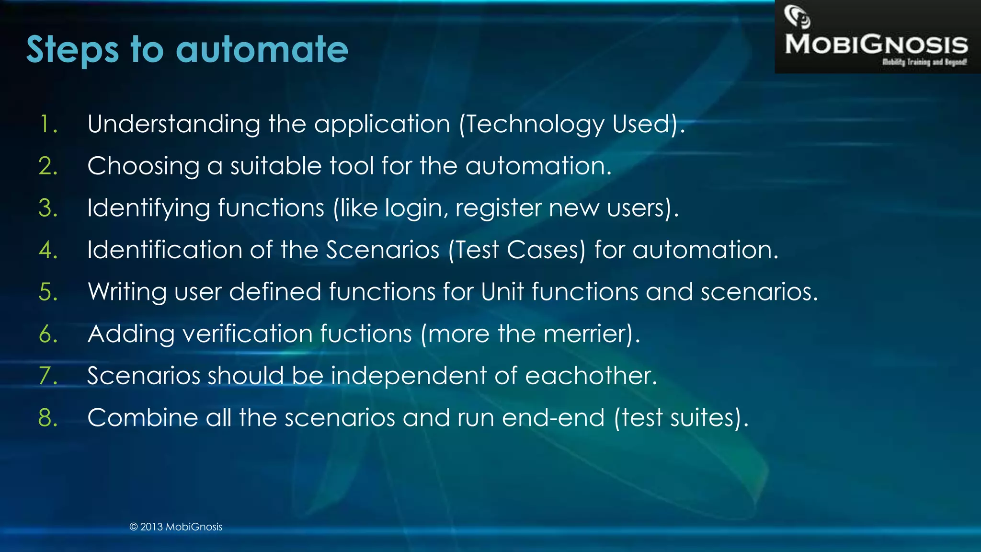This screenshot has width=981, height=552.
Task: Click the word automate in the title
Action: [x=262, y=49]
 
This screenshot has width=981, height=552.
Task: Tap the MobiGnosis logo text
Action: [x=876, y=45]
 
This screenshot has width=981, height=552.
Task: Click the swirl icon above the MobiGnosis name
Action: [x=797, y=17]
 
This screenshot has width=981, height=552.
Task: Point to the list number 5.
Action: [x=48, y=292]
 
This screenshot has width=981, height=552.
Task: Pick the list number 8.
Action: [x=48, y=417]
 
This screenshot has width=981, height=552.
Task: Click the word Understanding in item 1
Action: [x=174, y=124]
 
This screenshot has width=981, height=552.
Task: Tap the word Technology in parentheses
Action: [x=536, y=124]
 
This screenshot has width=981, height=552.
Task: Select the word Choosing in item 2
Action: [x=143, y=166]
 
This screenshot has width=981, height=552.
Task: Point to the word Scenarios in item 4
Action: [x=383, y=250]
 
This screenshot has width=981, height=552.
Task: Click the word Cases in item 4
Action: [x=546, y=250]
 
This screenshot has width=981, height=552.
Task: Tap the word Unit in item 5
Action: [x=502, y=291]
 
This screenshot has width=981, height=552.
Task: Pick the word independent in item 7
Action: [x=409, y=375]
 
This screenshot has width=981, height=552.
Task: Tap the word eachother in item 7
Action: [x=591, y=375]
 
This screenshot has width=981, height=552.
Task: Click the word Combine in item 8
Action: [x=143, y=417]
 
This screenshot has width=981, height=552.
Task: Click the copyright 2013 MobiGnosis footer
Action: [x=176, y=527]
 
